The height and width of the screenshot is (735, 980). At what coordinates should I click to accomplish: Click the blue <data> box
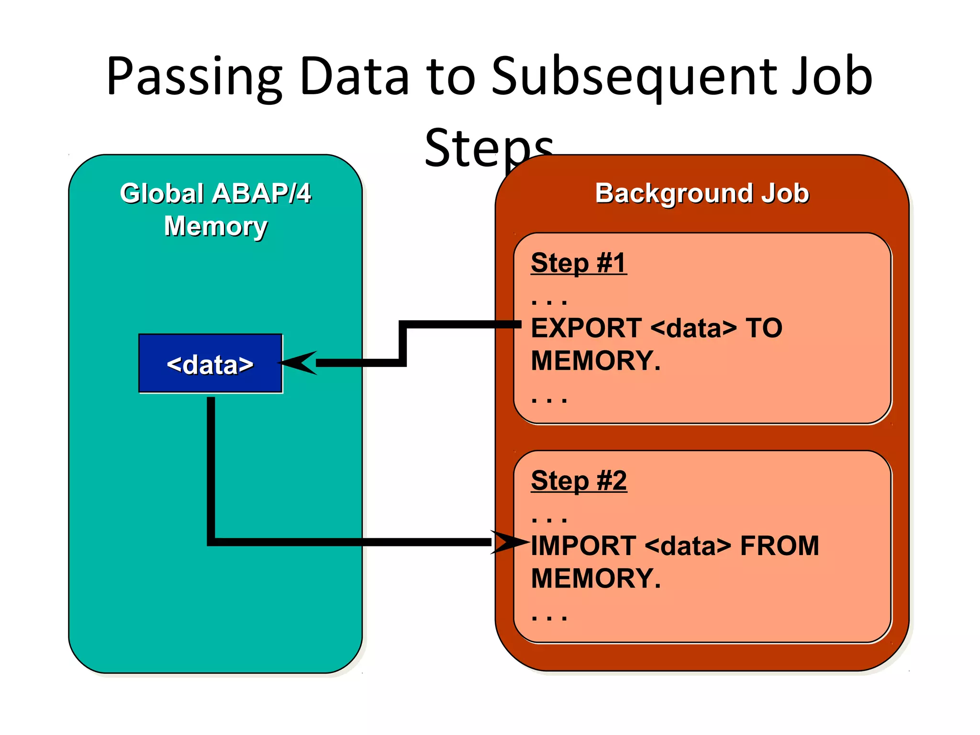(210, 364)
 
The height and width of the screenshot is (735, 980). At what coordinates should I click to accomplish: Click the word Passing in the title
(194, 77)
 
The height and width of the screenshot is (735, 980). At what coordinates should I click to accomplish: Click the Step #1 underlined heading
(579, 263)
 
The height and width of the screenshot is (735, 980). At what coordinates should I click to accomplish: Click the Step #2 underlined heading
(579, 480)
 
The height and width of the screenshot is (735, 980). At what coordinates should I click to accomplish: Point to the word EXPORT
(586, 328)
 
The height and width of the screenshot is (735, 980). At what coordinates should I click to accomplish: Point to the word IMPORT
(583, 546)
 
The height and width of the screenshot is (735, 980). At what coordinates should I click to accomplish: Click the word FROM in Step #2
(780, 546)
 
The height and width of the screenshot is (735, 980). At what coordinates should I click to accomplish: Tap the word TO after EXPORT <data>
(764, 328)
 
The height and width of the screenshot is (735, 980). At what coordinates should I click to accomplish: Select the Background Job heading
(702, 193)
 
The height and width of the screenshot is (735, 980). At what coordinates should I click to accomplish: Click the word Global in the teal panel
(163, 193)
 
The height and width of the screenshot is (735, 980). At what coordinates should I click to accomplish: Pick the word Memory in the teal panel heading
(215, 226)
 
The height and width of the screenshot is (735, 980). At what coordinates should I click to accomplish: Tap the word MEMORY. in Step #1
(596, 361)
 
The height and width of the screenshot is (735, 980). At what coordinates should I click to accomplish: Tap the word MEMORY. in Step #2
(596, 579)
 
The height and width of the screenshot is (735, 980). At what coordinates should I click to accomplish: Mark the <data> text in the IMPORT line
(688, 546)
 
